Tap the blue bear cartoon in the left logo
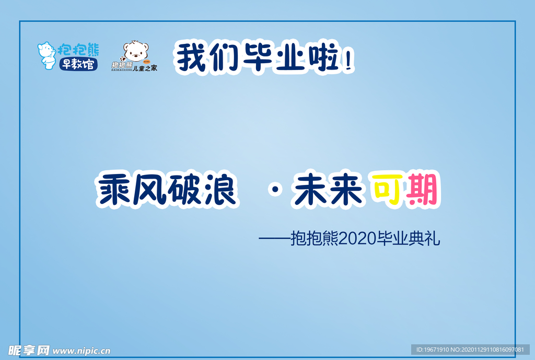tap(46, 54)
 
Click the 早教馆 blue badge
tap(77, 65)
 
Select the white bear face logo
tap(135, 51)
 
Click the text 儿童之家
tap(145, 68)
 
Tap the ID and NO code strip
tap(470, 350)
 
